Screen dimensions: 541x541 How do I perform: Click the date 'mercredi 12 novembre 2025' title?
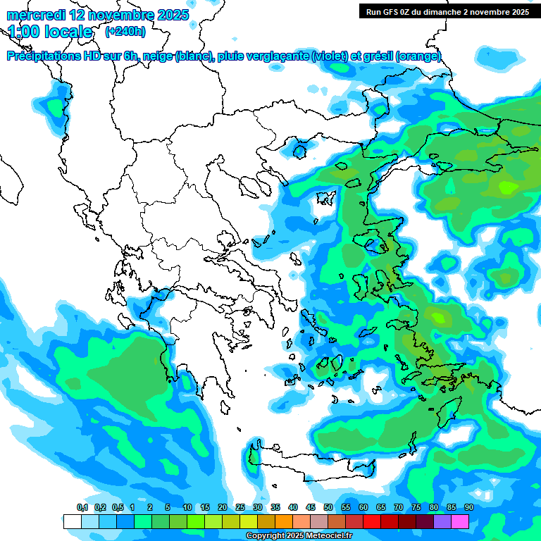97,15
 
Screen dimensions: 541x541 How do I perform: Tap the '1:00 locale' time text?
50,32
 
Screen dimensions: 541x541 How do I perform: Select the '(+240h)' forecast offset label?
125,32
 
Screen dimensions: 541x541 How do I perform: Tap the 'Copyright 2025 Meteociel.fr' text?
298,536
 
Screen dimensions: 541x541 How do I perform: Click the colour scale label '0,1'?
82,508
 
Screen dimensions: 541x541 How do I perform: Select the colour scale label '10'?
187,508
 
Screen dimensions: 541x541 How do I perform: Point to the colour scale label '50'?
328,508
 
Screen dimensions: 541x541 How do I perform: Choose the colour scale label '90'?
468,508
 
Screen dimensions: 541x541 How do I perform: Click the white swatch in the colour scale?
73,521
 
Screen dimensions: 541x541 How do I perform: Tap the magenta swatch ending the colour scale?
460,521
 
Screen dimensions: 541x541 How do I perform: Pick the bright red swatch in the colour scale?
372,521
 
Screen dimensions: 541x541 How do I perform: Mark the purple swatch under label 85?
442,521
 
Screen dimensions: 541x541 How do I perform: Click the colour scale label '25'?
240,508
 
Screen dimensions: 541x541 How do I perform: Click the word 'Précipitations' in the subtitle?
44,56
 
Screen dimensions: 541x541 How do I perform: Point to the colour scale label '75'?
416,508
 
